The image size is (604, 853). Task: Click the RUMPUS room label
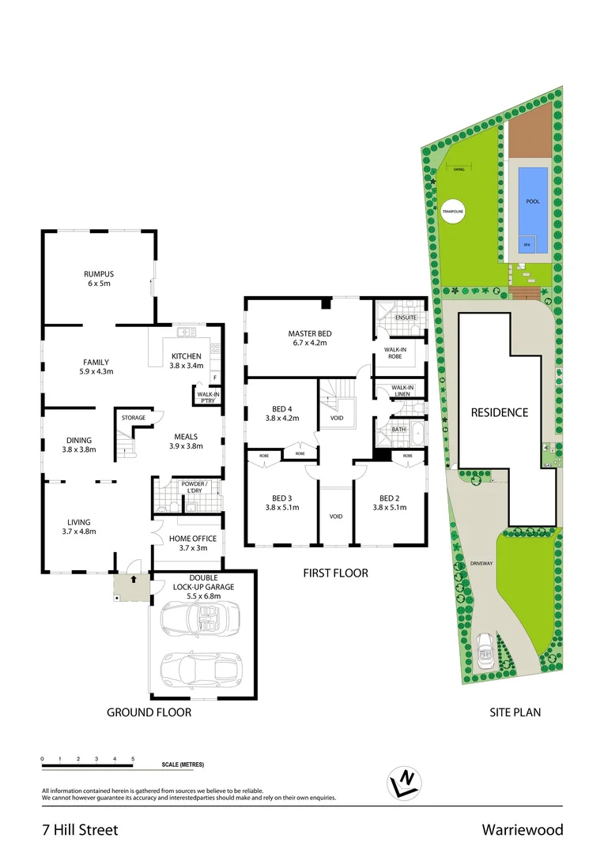[x=99, y=274]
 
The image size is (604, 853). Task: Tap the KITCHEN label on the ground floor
[x=187, y=356]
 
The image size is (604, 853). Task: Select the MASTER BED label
[x=308, y=334]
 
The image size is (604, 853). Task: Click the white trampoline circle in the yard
[x=453, y=212]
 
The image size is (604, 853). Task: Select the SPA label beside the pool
[x=527, y=246]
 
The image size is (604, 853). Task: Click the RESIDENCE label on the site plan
[x=500, y=412]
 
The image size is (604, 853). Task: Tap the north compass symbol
[x=404, y=782]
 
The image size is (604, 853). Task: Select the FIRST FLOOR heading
[x=335, y=573]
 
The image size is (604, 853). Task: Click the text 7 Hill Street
[x=80, y=830]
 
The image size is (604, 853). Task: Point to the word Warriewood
[x=523, y=830]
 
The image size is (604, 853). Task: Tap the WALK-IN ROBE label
[x=395, y=352]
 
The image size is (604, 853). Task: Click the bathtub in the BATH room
[x=412, y=433]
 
